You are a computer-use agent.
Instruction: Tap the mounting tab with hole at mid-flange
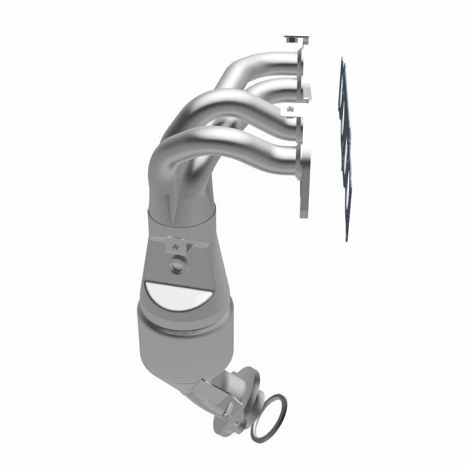pyautogui.click(x=290, y=109)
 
